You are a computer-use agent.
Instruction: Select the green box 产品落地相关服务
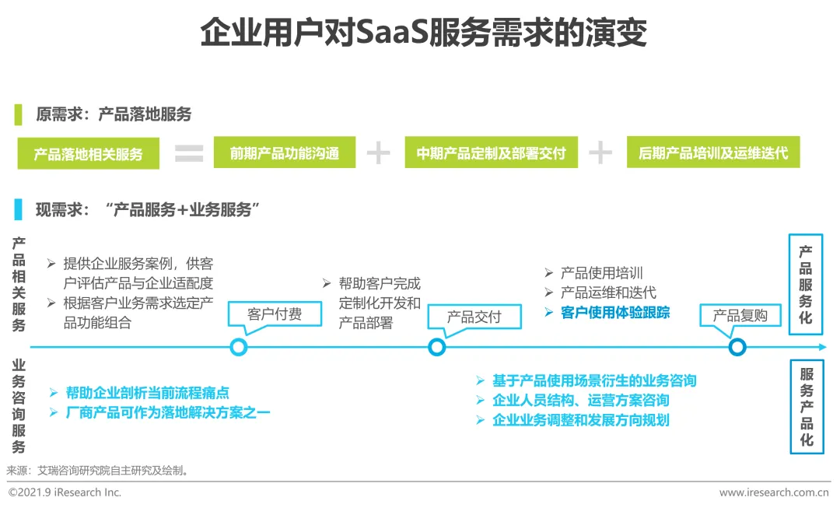tap(89, 153)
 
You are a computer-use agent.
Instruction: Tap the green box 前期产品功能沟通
tap(285, 152)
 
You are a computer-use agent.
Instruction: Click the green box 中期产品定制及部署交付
tap(491, 152)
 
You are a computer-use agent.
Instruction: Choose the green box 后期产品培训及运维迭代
tap(712, 152)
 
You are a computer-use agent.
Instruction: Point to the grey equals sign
tap(188, 153)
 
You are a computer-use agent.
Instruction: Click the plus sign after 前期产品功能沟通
tap(378, 153)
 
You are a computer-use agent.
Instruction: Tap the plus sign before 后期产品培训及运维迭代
tap(600, 153)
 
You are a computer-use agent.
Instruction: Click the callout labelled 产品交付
tap(474, 317)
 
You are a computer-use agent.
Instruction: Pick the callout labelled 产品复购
tap(740, 315)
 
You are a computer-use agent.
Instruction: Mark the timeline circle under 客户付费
tap(239, 347)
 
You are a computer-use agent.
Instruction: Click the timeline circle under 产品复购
tap(737, 347)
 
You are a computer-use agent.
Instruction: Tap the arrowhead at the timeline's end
tap(822, 347)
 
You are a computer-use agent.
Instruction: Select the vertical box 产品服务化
tap(806, 284)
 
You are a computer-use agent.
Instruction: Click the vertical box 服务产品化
tap(806, 407)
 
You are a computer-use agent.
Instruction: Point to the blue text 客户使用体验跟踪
tap(614, 313)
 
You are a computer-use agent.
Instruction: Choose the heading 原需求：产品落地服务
tap(114, 114)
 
